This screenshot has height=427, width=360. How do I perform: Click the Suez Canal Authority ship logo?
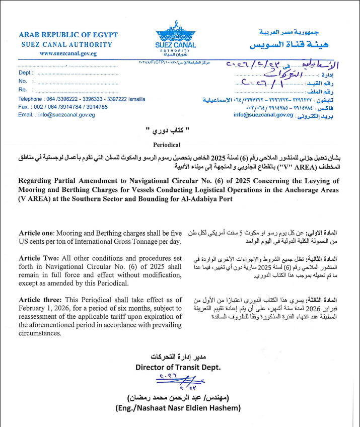click(x=176, y=31)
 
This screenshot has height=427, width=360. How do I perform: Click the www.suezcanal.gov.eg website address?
click(x=68, y=53)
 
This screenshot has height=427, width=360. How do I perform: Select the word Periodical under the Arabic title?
click(x=166, y=144)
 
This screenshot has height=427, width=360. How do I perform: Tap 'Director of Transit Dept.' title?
click(x=178, y=368)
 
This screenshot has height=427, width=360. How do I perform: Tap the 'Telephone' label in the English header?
click(x=30, y=99)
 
